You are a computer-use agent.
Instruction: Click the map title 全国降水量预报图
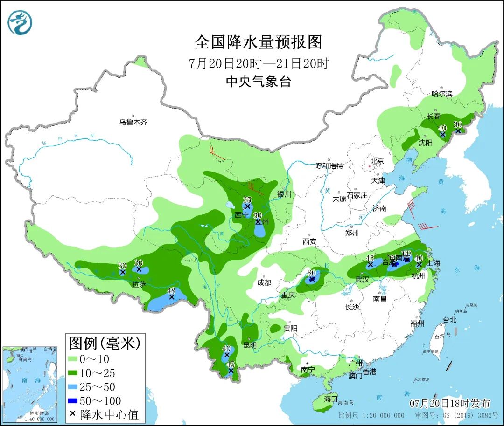click(x=258, y=42)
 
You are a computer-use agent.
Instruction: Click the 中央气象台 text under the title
click(x=258, y=82)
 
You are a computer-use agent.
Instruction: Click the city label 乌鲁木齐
click(x=133, y=122)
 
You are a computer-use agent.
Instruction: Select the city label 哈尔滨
click(x=441, y=94)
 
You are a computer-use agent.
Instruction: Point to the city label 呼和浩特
click(x=329, y=166)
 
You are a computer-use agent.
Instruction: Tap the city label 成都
click(x=264, y=282)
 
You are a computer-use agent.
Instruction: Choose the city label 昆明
click(x=250, y=345)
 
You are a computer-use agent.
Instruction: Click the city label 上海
click(x=433, y=263)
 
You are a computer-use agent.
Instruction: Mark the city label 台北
click(x=449, y=320)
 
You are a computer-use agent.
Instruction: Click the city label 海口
click(x=330, y=399)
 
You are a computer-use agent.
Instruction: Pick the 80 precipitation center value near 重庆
click(x=312, y=273)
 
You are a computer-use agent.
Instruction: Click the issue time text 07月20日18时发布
click(x=450, y=403)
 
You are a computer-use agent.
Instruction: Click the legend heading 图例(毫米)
click(x=105, y=344)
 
